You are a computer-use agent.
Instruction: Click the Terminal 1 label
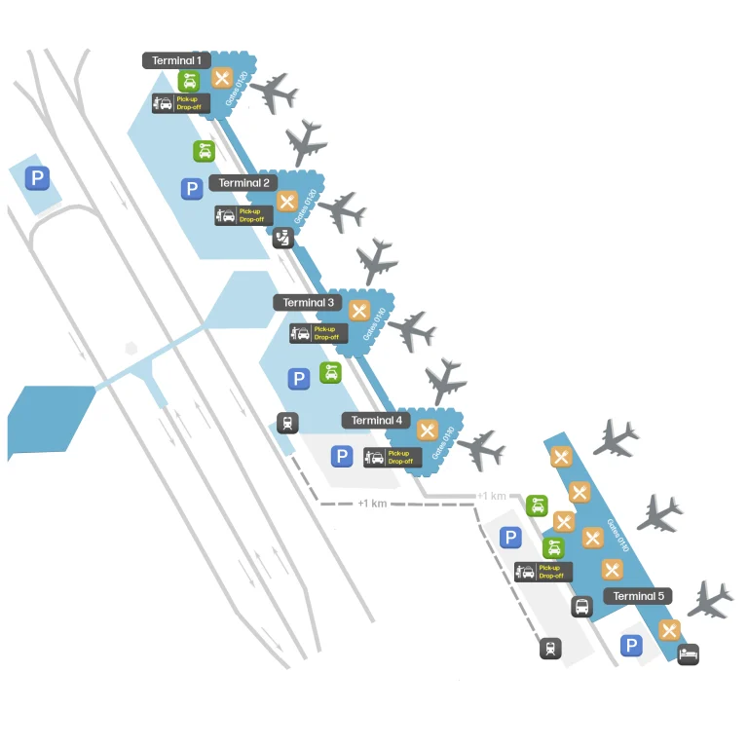[x=176, y=60]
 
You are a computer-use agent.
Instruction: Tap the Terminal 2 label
[x=243, y=183]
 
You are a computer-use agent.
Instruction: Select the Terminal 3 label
[x=308, y=303]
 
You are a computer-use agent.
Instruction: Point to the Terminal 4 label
[x=376, y=421]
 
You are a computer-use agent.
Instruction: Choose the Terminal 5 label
[x=639, y=596]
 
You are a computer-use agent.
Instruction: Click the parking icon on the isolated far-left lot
[x=37, y=178]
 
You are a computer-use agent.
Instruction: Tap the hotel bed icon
[x=688, y=654]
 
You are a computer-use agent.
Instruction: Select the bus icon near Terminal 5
[x=581, y=607]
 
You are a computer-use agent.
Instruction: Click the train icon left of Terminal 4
[x=287, y=423]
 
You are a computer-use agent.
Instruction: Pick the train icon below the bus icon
[x=551, y=649]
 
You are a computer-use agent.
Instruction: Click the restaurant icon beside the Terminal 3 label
[x=359, y=311]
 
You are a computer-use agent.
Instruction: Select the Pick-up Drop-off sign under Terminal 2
[x=240, y=215]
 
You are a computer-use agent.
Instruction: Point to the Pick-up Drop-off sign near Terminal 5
[x=538, y=572]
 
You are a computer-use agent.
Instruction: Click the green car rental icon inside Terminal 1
[x=189, y=81]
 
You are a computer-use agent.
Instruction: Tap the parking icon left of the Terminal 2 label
[x=192, y=189]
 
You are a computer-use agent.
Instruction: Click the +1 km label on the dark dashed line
[x=372, y=504]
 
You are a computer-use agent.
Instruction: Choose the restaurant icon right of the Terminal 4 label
[x=427, y=430]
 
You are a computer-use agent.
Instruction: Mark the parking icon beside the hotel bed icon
[x=632, y=645]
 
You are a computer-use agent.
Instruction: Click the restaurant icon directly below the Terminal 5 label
[x=669, y=629]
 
